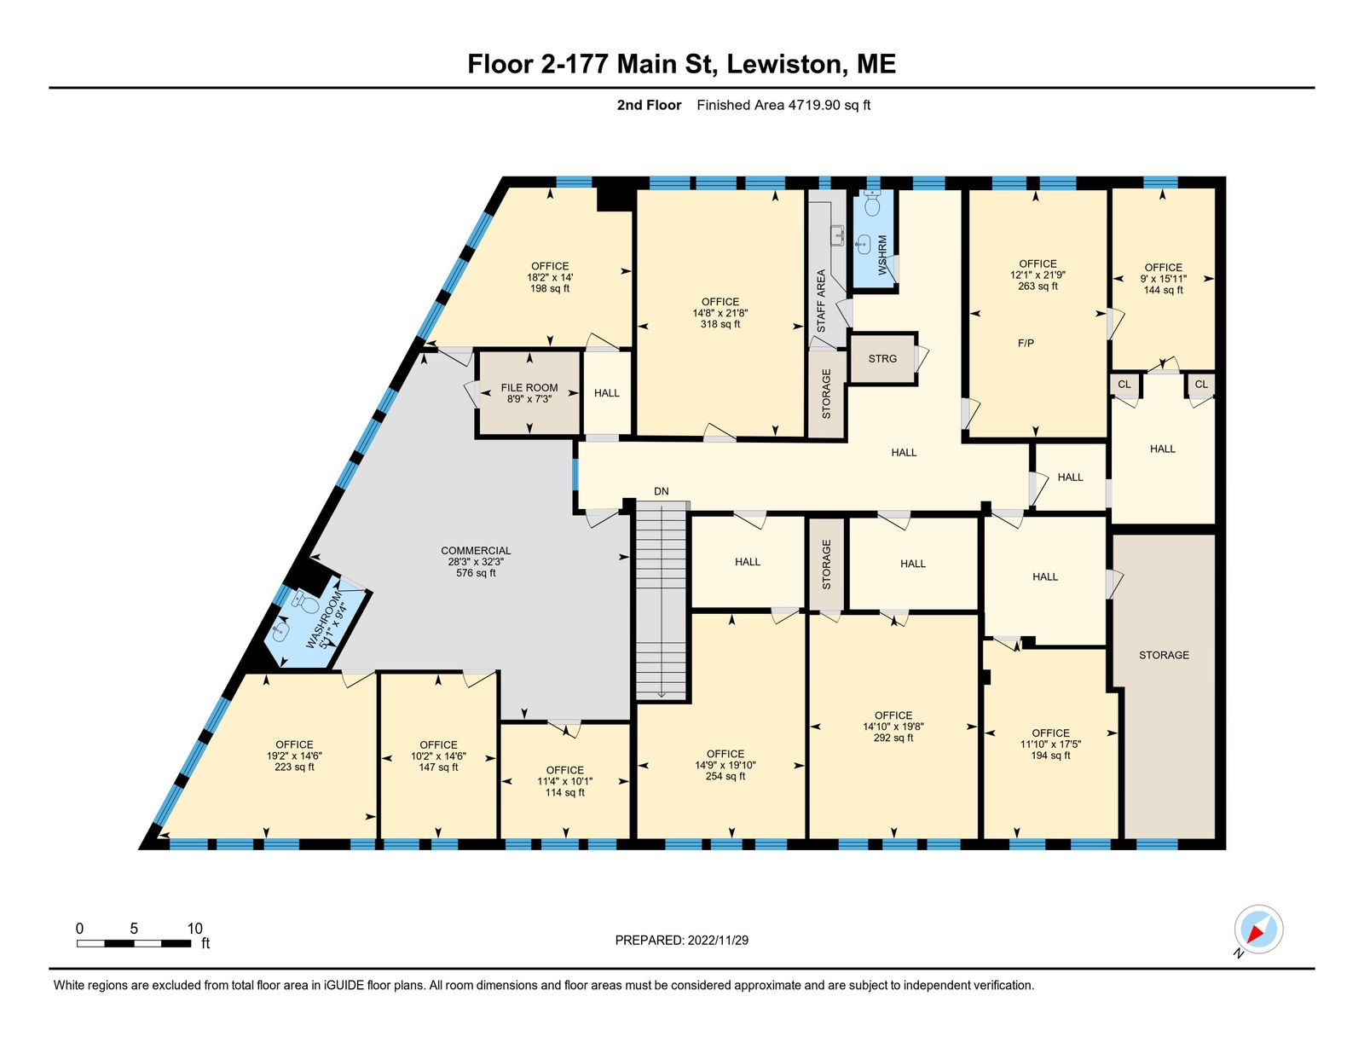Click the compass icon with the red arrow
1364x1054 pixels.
pos(1258,929)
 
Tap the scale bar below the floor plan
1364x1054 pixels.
pos(134,943)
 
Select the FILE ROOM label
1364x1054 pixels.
pos(529,388)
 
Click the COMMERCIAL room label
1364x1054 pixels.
pos(476,551)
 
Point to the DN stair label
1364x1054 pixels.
pos(661,491)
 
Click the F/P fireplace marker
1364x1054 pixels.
pos(1026,344)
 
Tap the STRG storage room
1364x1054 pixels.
pos(882,358)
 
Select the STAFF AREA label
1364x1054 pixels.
pos(821,301)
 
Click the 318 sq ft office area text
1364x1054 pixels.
pos(720,325)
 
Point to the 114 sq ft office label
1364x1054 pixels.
pos(564,793)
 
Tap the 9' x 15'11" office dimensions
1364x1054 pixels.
pos(1163,279)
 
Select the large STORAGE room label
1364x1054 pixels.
pos(1164,656)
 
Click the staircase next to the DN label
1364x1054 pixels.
pos(661,600)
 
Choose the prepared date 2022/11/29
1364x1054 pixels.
pos(718,941)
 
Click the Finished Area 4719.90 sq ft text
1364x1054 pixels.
pos(783,105)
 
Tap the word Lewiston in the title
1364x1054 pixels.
pos(784,64)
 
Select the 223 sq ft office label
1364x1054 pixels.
pos(294,767)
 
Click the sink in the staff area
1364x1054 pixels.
pos(837,236)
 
